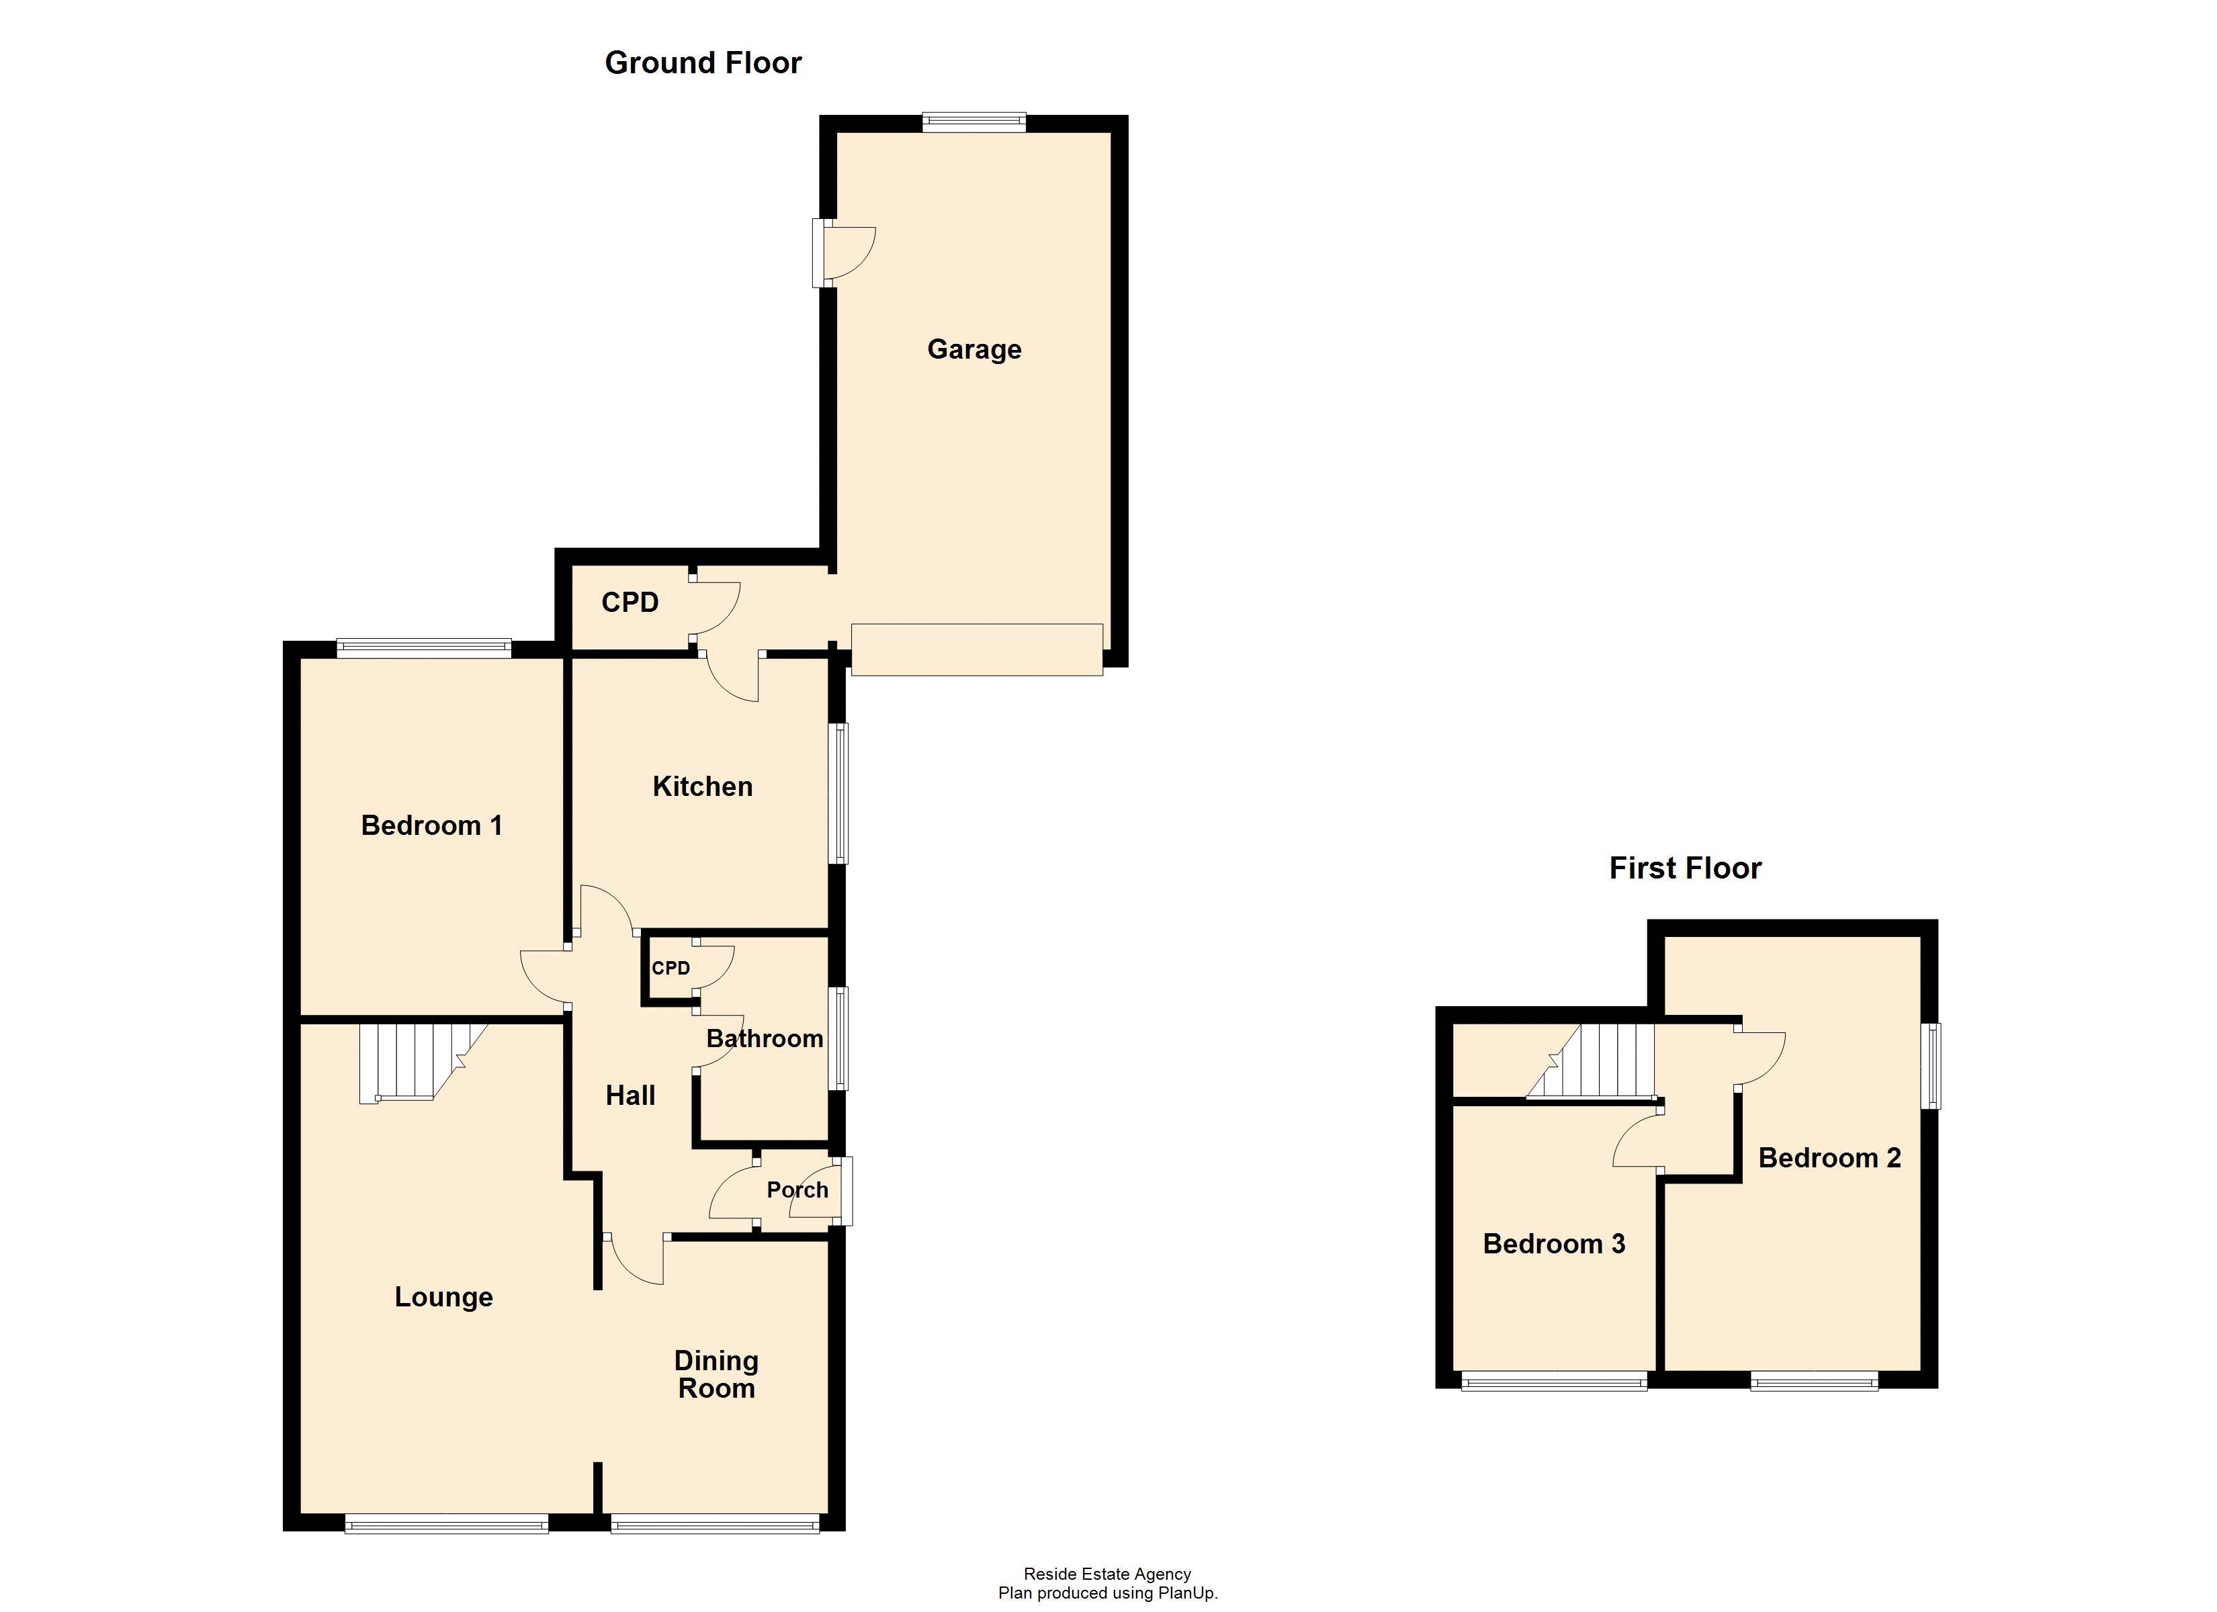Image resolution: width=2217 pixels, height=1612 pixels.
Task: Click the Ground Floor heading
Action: coord(703,62)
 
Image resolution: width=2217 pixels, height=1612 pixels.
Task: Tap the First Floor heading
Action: coord(1685,867)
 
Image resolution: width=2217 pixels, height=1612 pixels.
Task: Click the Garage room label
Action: coord(973,349)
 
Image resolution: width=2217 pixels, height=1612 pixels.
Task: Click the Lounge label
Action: coord(443,1296)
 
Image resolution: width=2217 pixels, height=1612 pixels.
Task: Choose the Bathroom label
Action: coord(765,1038)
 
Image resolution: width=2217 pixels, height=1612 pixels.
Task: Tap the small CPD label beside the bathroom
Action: coord(670,968)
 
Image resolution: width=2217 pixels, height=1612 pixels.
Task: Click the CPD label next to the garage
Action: coord(629,602)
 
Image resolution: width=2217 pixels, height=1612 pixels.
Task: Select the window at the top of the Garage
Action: coord(973,122)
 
